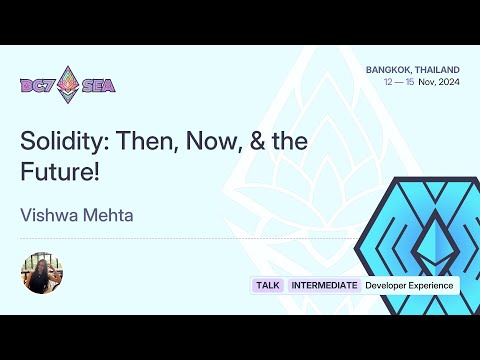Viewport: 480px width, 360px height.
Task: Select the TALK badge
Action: [268, 286]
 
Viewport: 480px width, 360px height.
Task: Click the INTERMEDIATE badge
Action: [324, 286]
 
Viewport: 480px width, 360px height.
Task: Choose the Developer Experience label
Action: [409, 286]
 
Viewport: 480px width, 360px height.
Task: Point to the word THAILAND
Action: [441, 69]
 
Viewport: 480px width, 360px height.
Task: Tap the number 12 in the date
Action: [388, 82]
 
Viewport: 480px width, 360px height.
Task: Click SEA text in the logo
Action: [99, 85]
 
